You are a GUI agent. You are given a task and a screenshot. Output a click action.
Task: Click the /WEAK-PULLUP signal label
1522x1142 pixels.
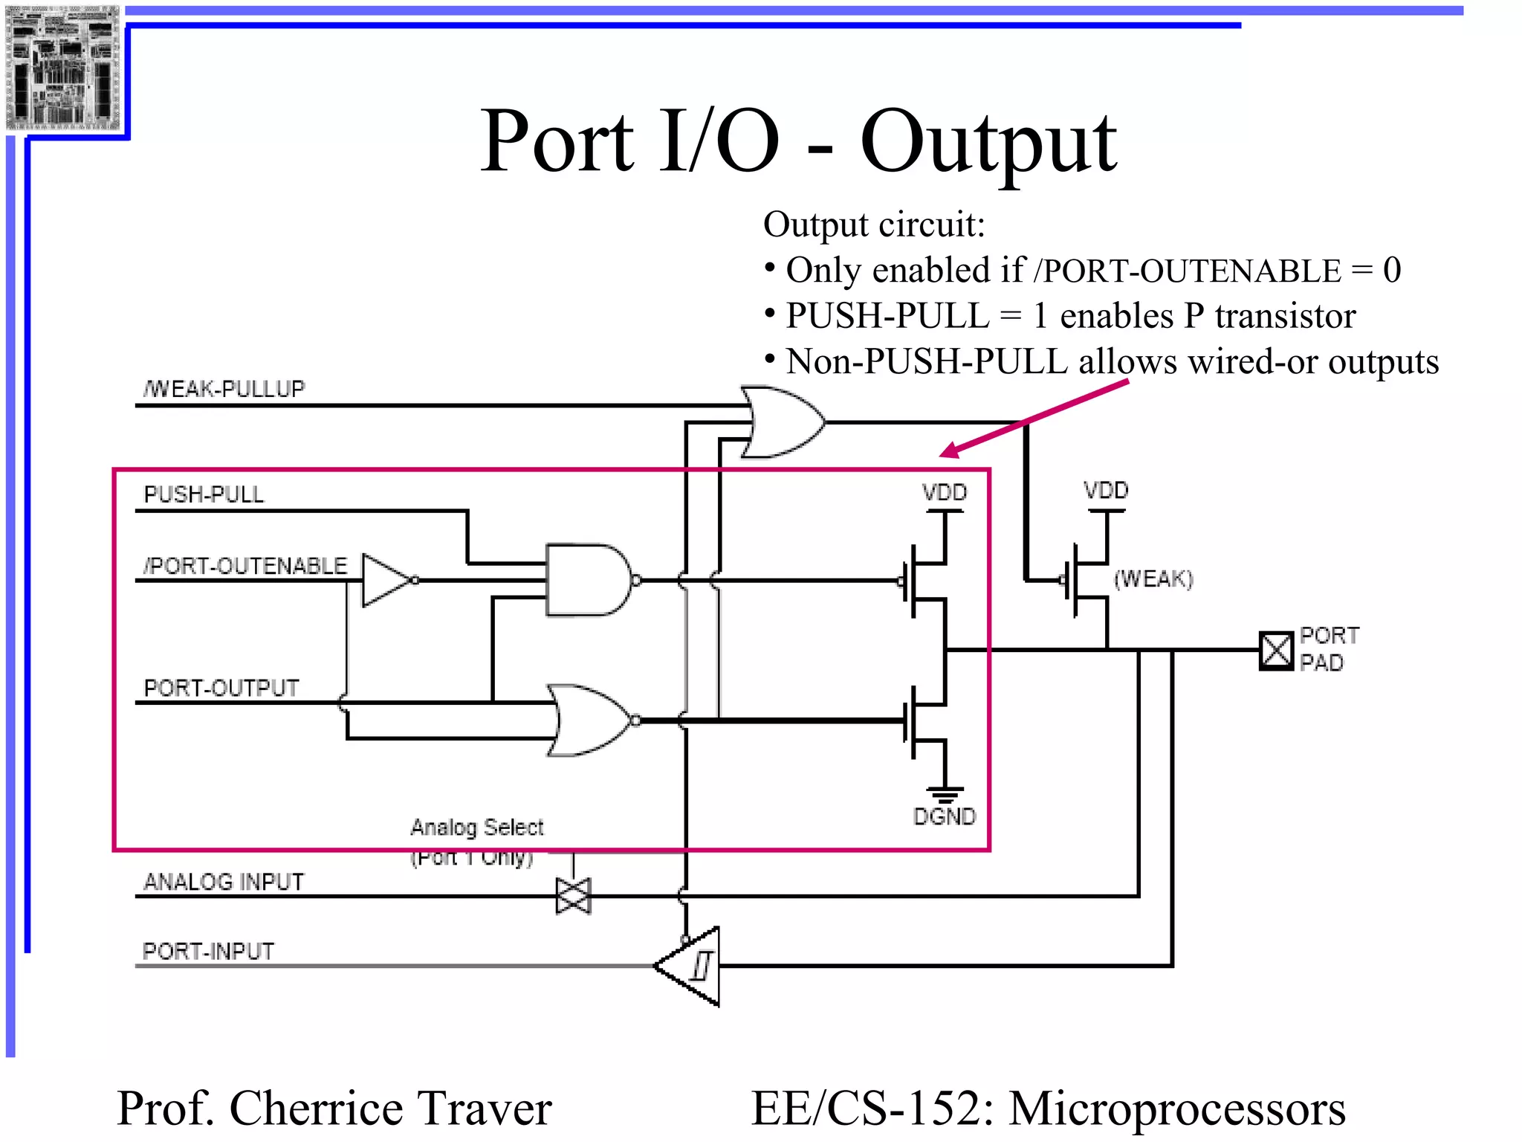click(x=224, y=389)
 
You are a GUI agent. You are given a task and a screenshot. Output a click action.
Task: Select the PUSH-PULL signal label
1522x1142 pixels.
click(x=204, y=494)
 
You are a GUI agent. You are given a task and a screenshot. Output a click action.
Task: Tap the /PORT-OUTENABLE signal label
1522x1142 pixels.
click(x=245, y=566)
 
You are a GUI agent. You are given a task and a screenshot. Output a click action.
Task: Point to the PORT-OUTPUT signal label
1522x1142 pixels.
click(x=221, y=688)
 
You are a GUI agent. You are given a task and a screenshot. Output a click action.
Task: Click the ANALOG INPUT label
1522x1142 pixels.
click(x=224, y=882)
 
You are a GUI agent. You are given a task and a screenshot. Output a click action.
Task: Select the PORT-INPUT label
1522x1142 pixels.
click(x=208, y=951)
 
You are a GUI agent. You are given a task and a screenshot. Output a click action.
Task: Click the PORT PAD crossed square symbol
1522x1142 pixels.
click(x=1276, y=651)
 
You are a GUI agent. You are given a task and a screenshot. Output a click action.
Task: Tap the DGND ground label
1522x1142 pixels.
click(x=944, y=816)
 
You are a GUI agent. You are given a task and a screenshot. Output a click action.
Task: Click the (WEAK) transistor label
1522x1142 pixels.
click(x=1153, y=578)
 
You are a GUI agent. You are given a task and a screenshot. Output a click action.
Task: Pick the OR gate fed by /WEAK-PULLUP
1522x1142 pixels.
click(x=780, y=422)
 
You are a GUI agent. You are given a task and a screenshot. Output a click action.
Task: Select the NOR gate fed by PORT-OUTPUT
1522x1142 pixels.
click(x=591, y=720)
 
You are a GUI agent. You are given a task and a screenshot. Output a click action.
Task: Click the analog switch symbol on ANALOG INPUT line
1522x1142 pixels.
click(x=573, y=896)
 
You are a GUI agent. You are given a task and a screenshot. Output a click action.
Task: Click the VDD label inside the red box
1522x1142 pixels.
click(x=944, y=492)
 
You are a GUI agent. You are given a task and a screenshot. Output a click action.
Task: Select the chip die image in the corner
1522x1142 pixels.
click(x=62, y=67)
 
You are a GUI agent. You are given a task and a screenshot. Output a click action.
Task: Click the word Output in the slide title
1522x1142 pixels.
click(x=988, y=141)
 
